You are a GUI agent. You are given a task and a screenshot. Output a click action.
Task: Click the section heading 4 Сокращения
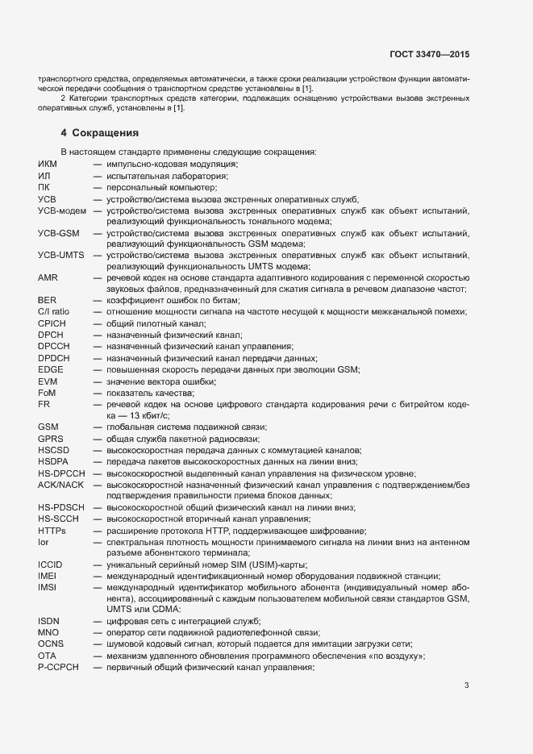[99, 131]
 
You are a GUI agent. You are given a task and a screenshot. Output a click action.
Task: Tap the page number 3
[466, 686]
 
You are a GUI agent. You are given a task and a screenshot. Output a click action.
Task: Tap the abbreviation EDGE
[50, 369]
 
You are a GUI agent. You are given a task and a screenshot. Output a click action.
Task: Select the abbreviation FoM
[47, 392]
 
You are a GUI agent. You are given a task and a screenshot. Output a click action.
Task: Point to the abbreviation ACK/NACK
[61, 484]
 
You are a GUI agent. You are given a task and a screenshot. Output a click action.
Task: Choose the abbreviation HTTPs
[52, 530]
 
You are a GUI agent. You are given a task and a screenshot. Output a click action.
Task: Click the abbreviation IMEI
[48, 575]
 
